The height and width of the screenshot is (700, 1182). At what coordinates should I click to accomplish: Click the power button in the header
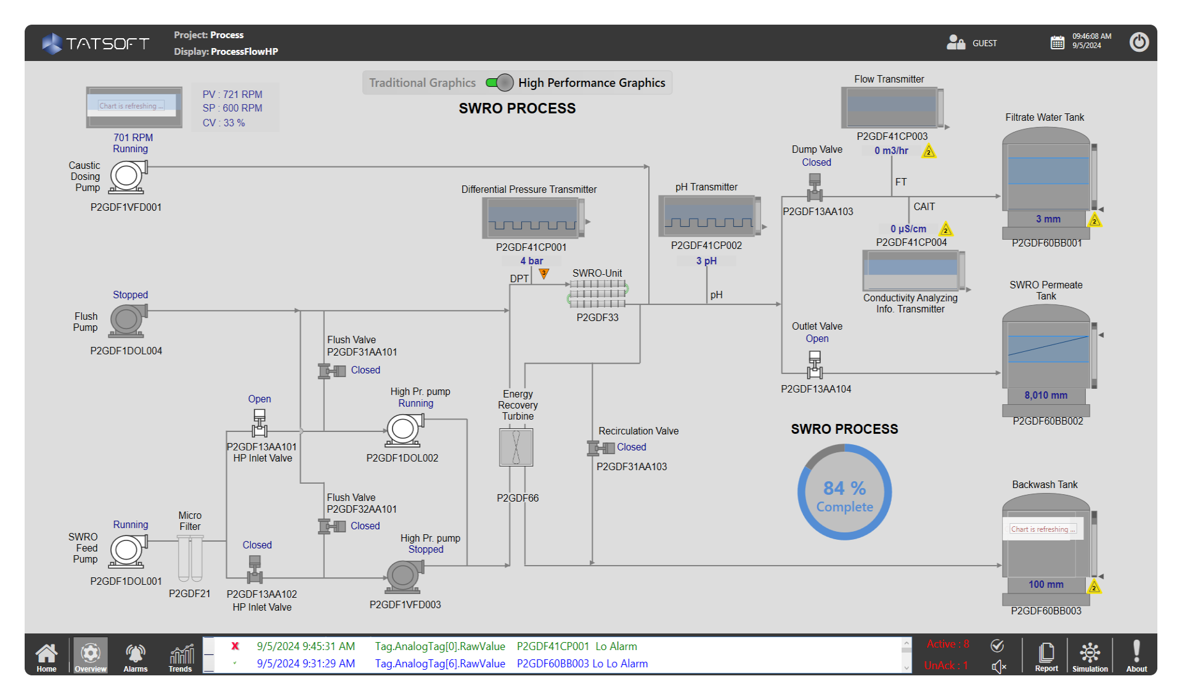click(x=1138, y=43)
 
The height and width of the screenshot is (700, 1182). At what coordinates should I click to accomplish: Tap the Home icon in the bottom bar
click(x=46, y=656)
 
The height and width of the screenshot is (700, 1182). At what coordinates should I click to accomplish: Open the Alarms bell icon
click(x=135, y=656)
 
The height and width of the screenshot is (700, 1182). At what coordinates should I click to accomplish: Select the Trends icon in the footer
click(x=181, y=656)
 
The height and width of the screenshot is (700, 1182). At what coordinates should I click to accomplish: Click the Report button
click(x=1046, y=656)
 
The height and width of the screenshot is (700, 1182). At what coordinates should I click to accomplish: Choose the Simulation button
click(x=1090, y=656)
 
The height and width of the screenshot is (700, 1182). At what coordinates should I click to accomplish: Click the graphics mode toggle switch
click(x=499, y=83)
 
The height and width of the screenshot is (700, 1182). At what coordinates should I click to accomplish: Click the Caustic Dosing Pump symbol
click(x=128, y=177)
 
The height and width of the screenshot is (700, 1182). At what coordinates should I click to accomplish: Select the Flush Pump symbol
click(x=128, y=320)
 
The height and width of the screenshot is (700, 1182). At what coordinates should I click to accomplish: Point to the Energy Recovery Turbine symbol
click(x=516, y=447)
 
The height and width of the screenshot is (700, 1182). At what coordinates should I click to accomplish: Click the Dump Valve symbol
click(x=815, y=187)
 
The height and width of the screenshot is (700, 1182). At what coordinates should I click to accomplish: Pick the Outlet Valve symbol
click(x=815, y=364)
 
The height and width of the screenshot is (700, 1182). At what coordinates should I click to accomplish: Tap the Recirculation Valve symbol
click(x=601, y=448)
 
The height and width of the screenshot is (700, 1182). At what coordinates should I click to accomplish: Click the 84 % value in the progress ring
click(x=844, y=488)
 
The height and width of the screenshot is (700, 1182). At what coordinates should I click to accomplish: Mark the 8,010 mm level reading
click(x=1046, y=396)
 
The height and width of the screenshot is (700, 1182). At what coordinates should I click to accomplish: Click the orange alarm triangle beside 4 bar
click(x=544, y=273)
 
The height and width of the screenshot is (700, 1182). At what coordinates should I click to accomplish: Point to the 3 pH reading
click(x=706, y=261)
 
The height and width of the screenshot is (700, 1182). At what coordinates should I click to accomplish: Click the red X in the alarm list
click(x=235, y=646)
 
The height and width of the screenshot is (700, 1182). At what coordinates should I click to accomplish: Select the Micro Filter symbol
click(x=190, y=558)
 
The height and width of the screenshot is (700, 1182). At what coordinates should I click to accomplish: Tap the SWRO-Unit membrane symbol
click(x=597, y=294)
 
